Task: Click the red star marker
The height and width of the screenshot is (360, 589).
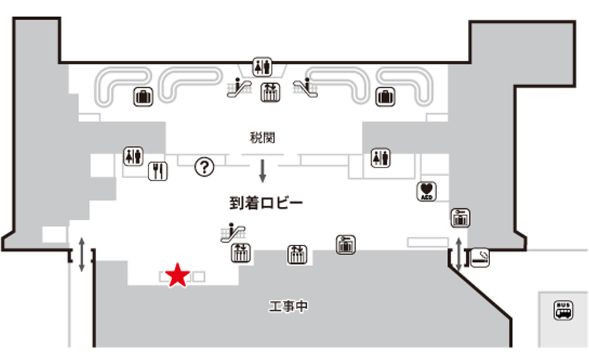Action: click(x=177, y=276)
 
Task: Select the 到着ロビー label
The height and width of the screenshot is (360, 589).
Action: click(x=266, y=203)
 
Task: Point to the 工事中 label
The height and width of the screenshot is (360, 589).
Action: click(x=288, y=306)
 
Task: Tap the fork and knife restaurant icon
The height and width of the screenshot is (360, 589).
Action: click(x=158, y=171)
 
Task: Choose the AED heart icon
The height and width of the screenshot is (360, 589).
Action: click(x=427, y=191)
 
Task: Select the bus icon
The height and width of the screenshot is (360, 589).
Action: click(x=563, y=310)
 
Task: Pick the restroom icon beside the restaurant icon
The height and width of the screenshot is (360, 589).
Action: click(x=133, y=156)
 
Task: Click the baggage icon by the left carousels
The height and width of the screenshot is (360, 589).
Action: click(x=143, y=98)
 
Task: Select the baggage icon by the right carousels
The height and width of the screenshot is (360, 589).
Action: click(x=385, y=98)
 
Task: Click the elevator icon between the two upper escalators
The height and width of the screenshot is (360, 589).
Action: click(x=269, y=92)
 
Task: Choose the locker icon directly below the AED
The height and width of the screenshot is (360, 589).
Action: click(x=461, y=218)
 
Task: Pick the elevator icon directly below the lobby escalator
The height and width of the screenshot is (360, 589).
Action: click(x=240, y=253)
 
